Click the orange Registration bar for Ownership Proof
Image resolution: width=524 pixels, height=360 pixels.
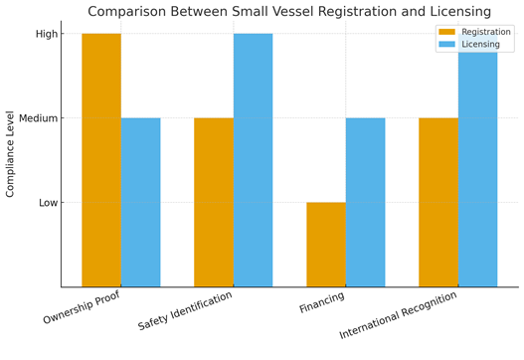pyautogui.click(x=101, y=160)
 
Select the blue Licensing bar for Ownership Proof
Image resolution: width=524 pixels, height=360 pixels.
pyautogui.click(x=140, y=202)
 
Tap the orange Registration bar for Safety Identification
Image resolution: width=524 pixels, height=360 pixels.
pyautogui.click(x=214, y=202)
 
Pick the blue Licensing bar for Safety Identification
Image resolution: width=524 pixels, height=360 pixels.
pyautogui.click(x=253, y=160)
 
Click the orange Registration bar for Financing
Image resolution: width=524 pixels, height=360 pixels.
pyautogui.click(x=326, y=245)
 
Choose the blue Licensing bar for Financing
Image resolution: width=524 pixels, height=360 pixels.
pyautogui.click(x=365, y=202)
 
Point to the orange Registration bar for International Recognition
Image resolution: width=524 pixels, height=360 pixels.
pyautogui.click(x=438, y=202)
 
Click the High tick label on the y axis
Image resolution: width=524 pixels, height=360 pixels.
pyautogui.click(x=47, y=34)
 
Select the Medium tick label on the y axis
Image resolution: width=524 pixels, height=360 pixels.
pyautogui.click(x=38, y=118)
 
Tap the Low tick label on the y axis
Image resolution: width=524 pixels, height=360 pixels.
pyautogui.click(x=47, y=203)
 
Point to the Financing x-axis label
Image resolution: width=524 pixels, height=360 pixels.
pyautogui.click(x=322, y=302)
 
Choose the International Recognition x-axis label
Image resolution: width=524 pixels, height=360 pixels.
pyautogui.click(x=399, y=315)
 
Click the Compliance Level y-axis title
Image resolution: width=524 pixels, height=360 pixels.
pyautogui.click(x=11, y=153)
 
